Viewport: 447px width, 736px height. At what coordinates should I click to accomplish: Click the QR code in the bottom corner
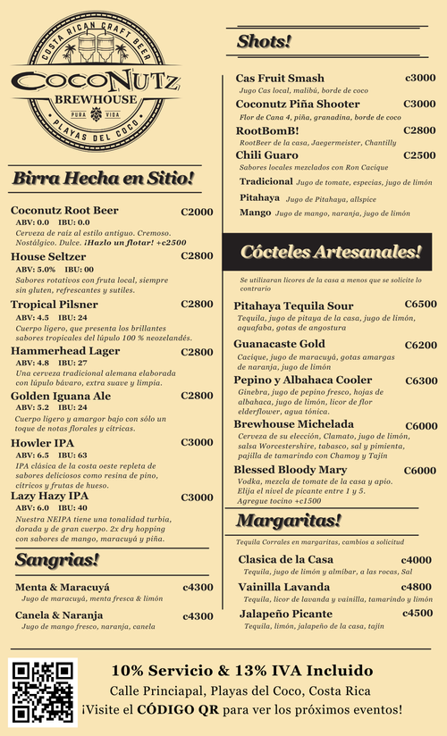(42, 690)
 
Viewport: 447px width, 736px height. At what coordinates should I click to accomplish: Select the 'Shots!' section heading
(264, 41)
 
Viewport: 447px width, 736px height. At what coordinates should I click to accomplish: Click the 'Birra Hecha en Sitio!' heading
(103, 179)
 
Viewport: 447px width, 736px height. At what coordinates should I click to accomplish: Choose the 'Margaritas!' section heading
(289, 519)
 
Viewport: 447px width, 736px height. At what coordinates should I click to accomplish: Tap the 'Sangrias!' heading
(57, 560)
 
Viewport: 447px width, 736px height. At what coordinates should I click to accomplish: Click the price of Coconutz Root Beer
(197, 212)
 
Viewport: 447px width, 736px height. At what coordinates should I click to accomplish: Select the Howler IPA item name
(44, 442)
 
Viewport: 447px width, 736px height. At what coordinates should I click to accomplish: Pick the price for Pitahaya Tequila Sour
(420, 304)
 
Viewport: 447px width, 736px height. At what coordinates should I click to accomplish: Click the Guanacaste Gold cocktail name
(279, 344)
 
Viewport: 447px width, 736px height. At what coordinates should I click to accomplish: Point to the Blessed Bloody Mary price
(420, 471)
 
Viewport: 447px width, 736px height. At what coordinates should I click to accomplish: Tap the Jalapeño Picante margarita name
(285, 614)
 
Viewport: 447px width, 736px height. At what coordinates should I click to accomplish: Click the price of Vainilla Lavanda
(417, 587)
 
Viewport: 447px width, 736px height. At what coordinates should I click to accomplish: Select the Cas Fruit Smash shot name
(280, 78)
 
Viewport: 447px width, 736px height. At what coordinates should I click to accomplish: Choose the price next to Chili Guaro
(419, 155)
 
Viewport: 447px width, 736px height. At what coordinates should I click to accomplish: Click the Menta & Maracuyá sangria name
(60, 587)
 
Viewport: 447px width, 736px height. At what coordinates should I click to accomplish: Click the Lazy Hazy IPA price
(197, 497)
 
